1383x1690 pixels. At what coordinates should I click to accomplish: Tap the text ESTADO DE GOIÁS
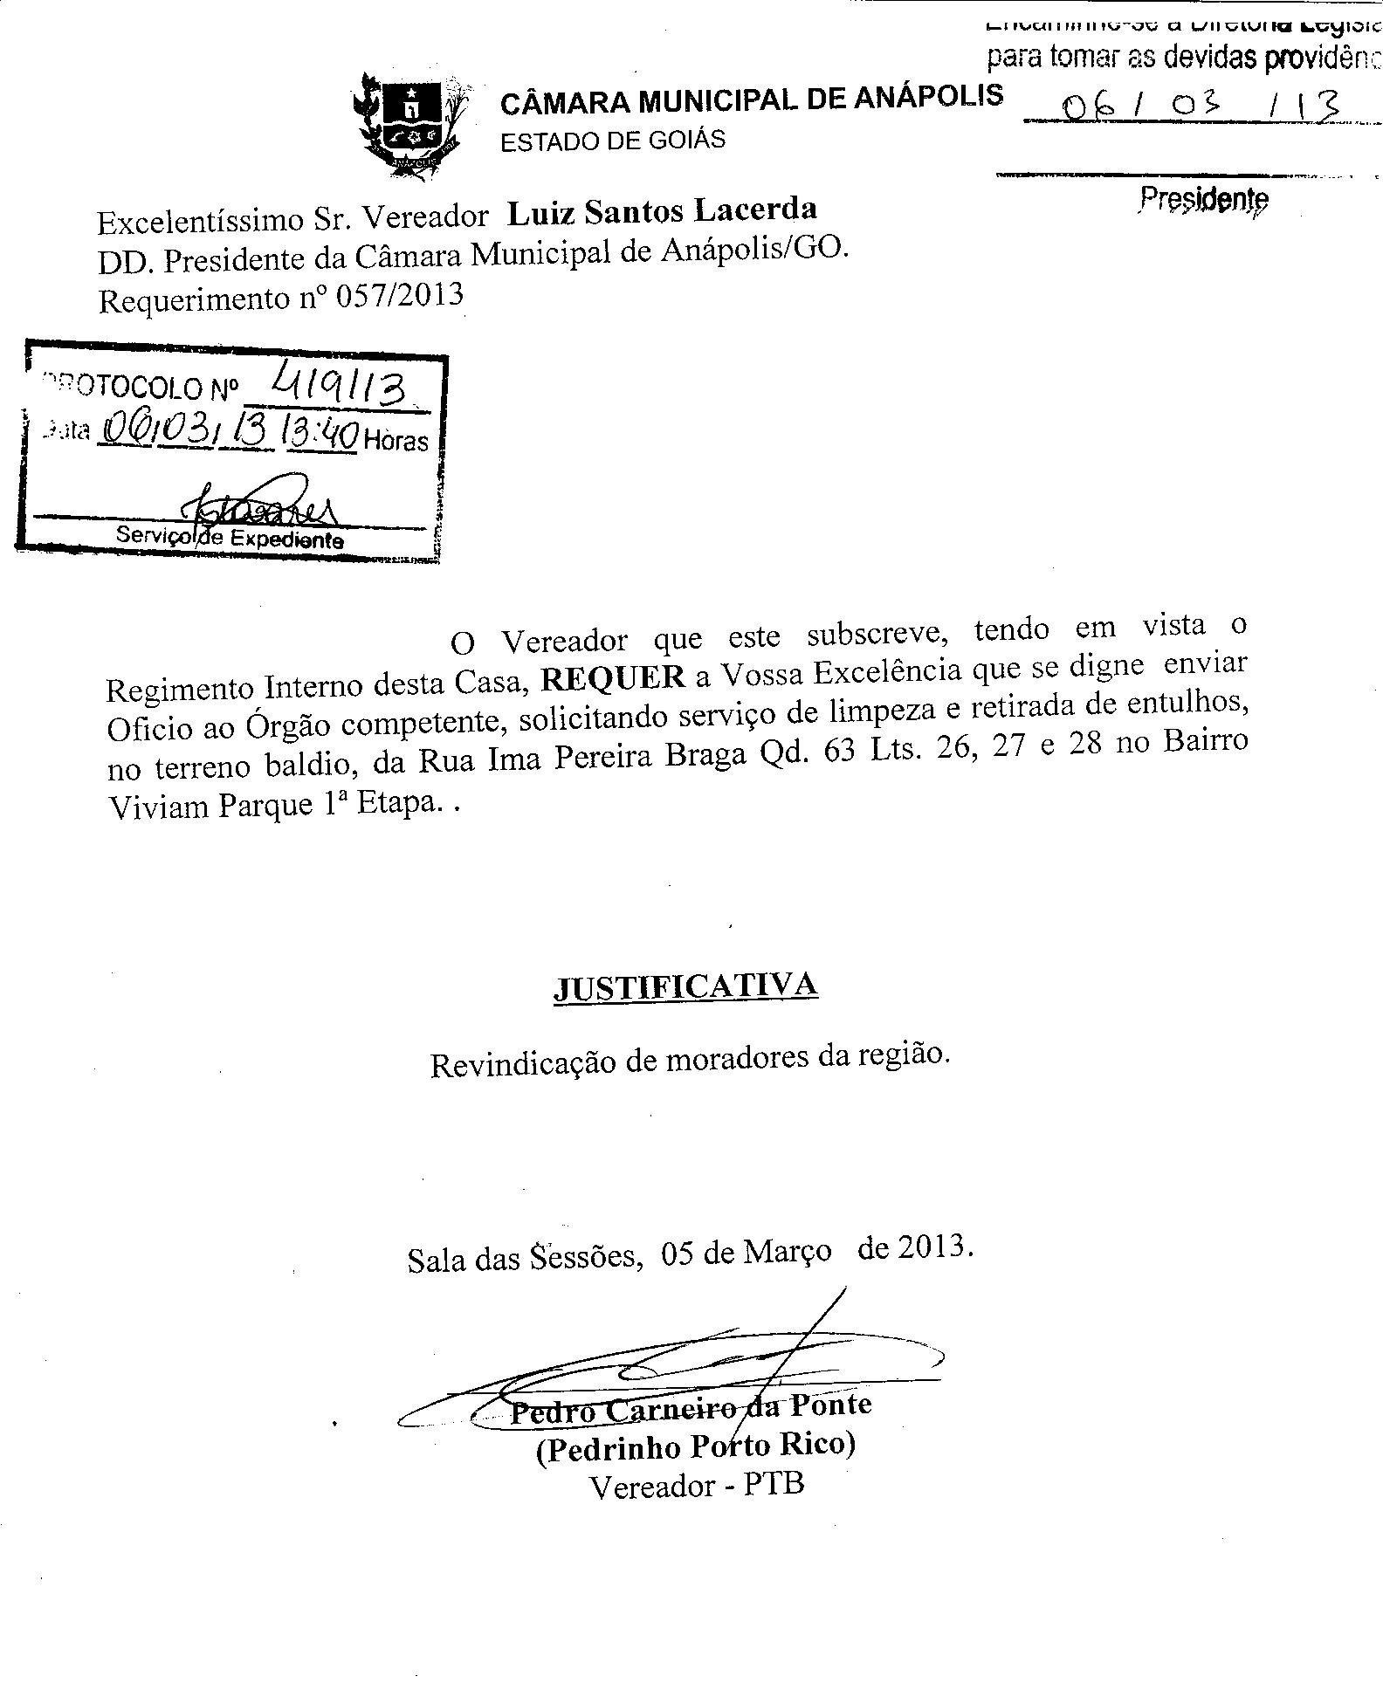[x=612, y=141]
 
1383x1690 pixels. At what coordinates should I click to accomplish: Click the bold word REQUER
[x=613, y=678]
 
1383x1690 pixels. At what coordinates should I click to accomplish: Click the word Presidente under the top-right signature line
[x=1203, y=199]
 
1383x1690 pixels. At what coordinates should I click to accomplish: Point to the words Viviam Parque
[x=210, y=805]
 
